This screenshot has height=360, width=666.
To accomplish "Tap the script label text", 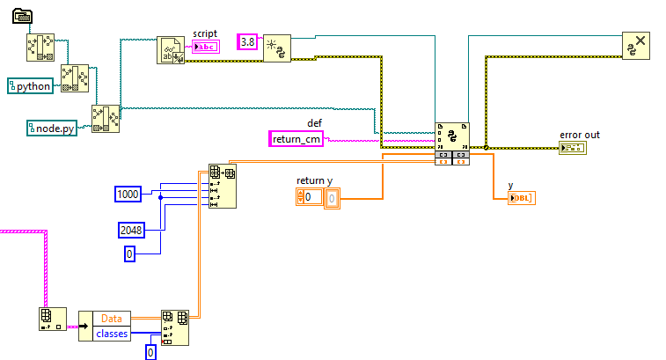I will coord(205,33).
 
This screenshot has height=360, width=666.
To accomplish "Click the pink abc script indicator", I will coord(204,47).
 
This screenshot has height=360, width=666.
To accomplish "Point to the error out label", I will coord(579,135).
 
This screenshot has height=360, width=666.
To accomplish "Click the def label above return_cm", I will coord(314,122).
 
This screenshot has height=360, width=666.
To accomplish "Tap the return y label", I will coord(314,180).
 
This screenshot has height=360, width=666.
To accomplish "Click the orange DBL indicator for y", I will coord(522,197).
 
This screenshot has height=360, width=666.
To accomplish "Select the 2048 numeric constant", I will coord(132,230).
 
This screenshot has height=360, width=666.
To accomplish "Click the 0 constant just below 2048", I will coord(129,253).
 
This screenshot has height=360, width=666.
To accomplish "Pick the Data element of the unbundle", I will coord(112,318).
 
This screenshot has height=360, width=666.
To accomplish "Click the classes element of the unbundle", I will coord(112,334).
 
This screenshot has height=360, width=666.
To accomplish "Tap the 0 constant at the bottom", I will coord(150,352).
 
